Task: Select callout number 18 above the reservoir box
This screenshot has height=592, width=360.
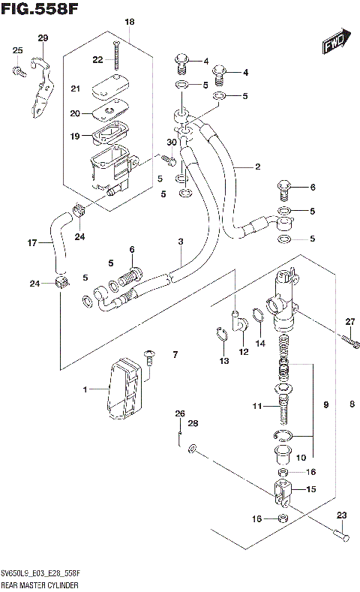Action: point(129,23)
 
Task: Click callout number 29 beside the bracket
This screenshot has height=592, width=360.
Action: point(43,38)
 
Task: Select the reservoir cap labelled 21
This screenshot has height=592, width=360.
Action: point(109,90)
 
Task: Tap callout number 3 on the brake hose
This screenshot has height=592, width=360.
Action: point(180,241)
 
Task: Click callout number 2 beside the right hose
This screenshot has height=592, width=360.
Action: point(256,167)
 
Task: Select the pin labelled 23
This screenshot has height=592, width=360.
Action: point(339,534)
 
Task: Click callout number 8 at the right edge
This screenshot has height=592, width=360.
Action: point(352,406)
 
